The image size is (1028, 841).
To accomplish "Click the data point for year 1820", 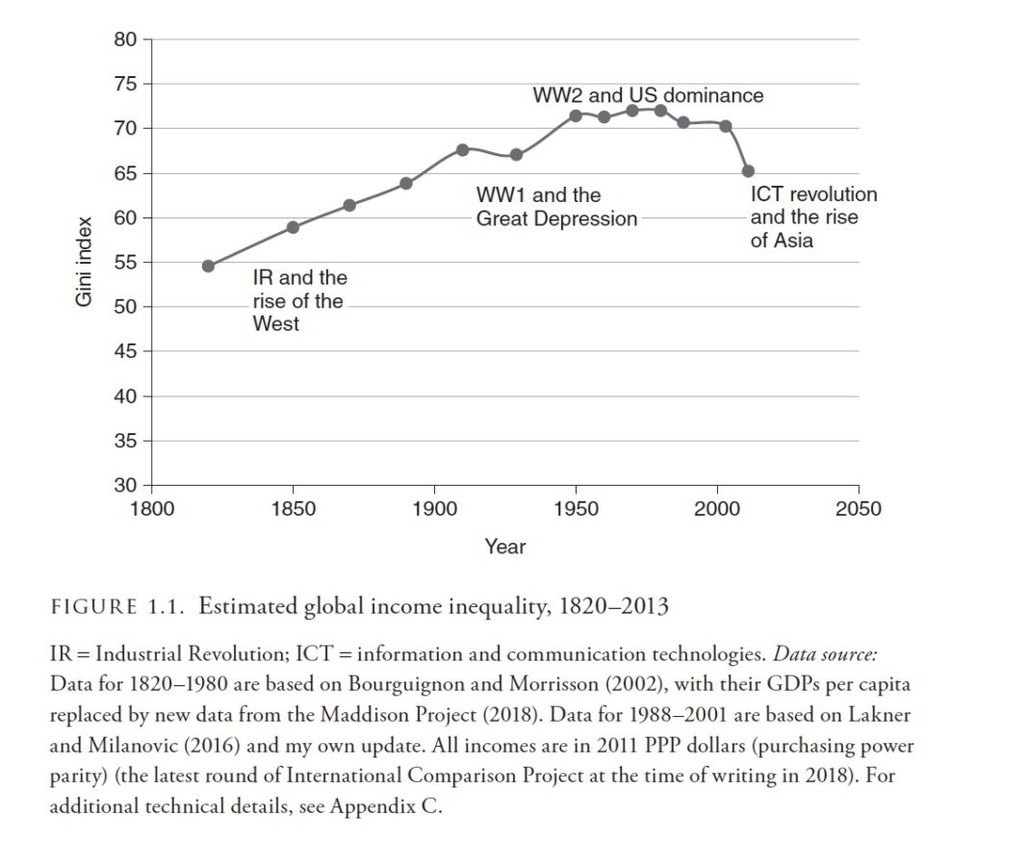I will (208, 266).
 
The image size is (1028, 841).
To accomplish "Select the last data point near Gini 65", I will (748, 171).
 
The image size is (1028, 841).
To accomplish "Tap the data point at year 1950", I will (576, 115).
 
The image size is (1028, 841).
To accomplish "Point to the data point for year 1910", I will (462, 149).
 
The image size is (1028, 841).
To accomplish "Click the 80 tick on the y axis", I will (125, 39).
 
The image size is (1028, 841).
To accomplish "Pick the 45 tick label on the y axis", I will (125, 351).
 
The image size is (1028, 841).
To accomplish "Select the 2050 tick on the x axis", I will (858, 508).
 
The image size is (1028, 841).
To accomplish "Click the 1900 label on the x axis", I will (434, 508).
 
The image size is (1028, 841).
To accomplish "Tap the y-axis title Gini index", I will (84, 262).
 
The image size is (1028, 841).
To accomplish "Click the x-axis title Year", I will (504, 547).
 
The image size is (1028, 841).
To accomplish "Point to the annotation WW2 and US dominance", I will (648, 95).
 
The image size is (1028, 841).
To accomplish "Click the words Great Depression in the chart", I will (556, 218).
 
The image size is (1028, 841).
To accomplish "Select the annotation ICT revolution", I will (813, 194).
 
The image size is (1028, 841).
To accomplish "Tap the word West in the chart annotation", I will (275, 324).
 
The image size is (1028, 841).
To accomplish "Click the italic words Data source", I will (825, 654).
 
